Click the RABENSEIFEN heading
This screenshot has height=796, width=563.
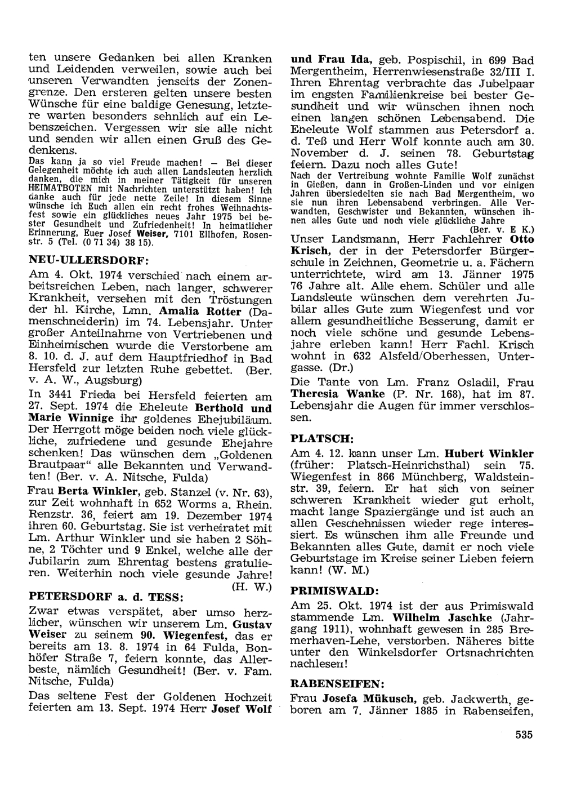337,683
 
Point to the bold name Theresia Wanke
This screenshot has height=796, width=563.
337,394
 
